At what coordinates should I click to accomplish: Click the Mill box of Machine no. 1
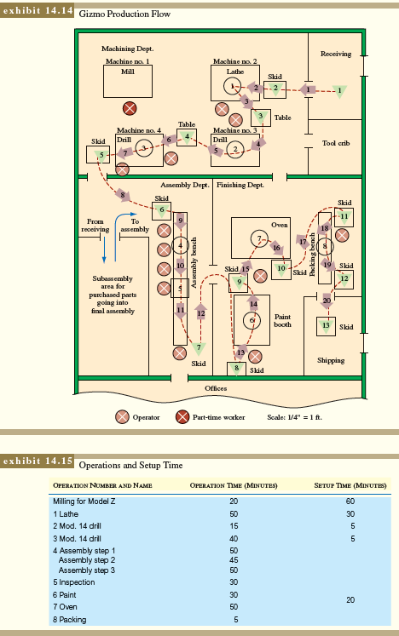128,82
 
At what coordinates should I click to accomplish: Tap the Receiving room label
335,54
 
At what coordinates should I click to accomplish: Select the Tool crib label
336,143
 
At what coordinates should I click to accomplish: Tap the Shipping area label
331,360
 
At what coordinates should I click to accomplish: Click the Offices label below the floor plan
216,387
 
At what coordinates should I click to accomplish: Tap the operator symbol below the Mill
129,108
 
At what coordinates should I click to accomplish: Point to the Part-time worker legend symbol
182,417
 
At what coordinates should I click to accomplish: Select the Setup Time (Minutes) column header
347,484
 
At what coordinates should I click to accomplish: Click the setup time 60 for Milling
350,501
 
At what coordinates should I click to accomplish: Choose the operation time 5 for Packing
211,619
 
